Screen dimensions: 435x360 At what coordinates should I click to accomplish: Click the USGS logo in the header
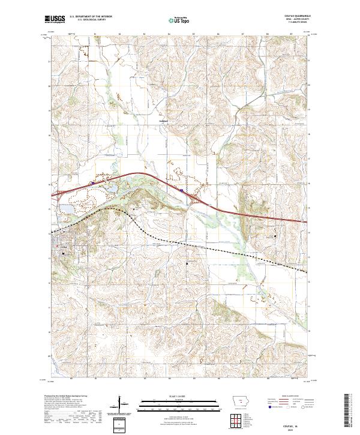click(x=56, y=19)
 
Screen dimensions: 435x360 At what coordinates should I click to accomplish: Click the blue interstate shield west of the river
click(x=91, y=184)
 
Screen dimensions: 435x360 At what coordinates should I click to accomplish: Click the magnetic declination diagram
click(x=120, y=405)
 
